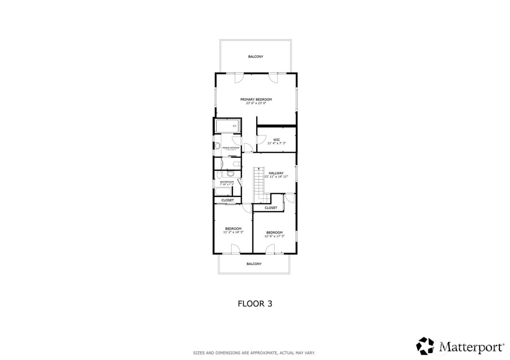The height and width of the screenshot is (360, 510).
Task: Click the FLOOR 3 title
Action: coord(255,304)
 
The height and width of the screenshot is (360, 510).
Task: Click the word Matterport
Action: coord(471,347)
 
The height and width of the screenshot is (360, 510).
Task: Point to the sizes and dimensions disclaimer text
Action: coord(254,353)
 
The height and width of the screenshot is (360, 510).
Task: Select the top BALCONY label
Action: coord(255,57)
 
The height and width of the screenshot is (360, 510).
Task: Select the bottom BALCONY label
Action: coord(254,264)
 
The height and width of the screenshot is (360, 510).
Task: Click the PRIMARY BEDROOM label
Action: coord(256,99)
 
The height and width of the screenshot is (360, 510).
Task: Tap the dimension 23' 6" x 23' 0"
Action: coord(256,103)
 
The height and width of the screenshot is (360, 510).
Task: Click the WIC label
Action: coord(276,139)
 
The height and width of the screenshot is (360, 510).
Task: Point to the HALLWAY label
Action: coord(276,173)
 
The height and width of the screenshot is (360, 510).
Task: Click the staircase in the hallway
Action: coord(259,184)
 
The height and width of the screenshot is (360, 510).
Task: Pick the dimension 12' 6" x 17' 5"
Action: coord(274,236)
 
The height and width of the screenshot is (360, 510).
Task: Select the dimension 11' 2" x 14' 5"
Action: coord(233,232)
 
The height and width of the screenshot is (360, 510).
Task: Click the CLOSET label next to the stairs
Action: coord(271,208)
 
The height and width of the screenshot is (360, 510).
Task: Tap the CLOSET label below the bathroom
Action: coord(228,200)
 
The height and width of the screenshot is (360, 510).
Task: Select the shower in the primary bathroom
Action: coord(227,126)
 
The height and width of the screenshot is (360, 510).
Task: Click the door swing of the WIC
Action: coord(260,140)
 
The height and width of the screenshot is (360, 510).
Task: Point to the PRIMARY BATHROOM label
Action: coord(231,148)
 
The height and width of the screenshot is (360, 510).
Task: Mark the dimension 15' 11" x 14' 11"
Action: coord(276,177)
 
